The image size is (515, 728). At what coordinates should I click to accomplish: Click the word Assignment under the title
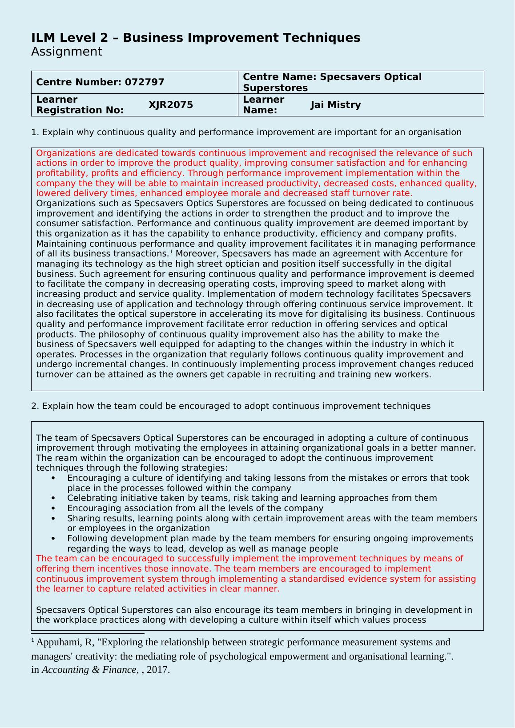(x=66, y=52)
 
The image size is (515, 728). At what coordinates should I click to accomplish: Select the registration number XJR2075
(x=171, y=105)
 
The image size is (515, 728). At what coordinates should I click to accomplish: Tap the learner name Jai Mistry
(x=336, y=105)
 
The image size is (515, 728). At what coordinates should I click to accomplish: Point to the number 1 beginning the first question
(x=33, y=132)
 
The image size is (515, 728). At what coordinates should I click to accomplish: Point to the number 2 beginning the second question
(x=34, y=406)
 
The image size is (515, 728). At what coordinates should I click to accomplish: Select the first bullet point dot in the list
(x=53, y=478)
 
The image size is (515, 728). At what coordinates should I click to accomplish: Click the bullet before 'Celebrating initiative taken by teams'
(x=53, y=498)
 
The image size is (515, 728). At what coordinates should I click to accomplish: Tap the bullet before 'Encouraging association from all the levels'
(x=53, y=508)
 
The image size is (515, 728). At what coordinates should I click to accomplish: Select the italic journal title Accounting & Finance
(x=89, y=670)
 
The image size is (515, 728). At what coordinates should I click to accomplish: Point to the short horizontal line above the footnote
(x=88, y=633)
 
